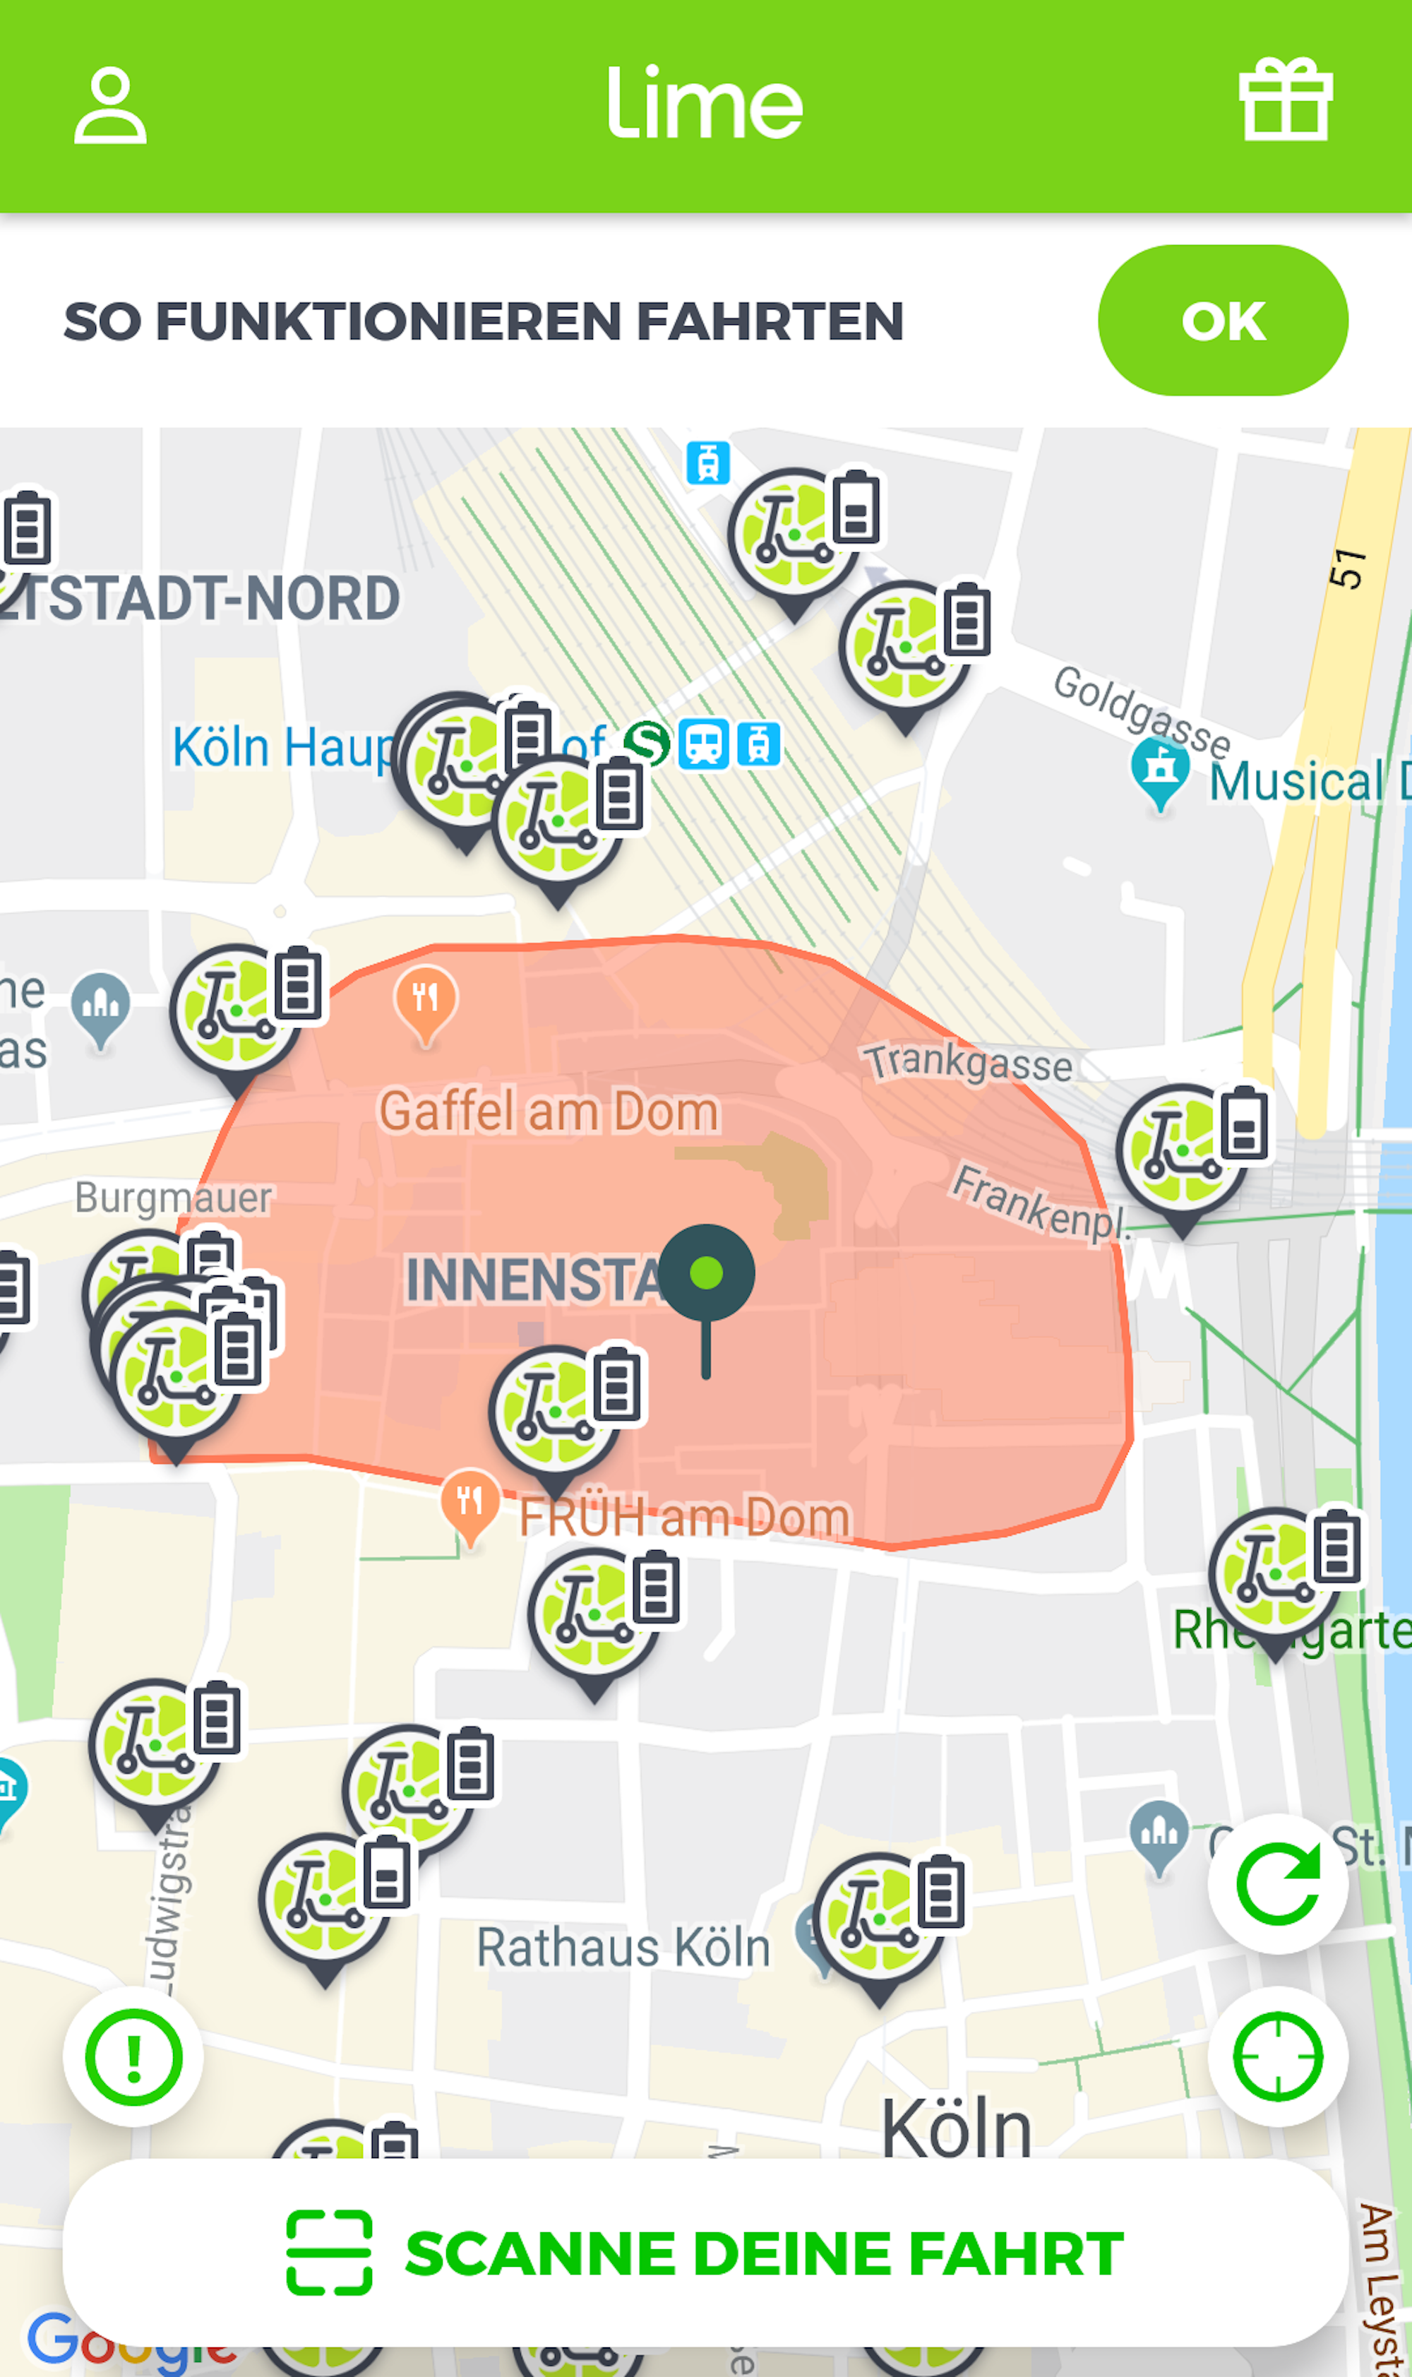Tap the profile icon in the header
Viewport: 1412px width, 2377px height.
click(110, 106)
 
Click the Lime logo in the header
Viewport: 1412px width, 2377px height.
click(705, 103)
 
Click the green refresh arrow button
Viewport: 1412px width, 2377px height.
click(1277, 1883)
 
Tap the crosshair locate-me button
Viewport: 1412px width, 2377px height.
click(1277, 2056)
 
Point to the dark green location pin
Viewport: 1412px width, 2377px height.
click(706, 1275)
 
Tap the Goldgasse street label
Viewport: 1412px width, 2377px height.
click(1141, 712)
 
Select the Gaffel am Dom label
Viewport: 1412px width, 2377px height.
click(549, 1112)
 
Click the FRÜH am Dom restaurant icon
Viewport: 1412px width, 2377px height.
click(470, 1503)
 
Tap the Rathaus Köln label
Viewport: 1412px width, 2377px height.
click(623, 1948)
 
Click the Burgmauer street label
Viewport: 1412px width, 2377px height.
click(173, 1198)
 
